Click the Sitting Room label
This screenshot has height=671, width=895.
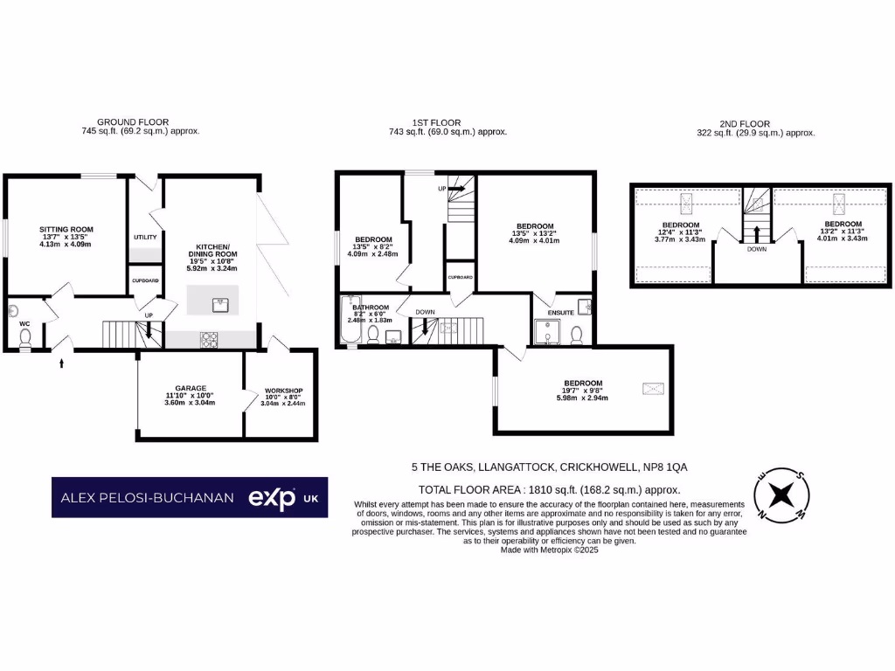pyautogui.click(x=66, y=230)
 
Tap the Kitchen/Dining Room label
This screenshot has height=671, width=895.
pyautogui.click(x=212, y=252)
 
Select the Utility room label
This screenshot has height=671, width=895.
pyautogui.click(x=144, y=238)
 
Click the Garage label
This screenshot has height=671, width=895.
pyautogui.click(x=190, y=388)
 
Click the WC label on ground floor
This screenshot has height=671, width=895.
pyautogui.click(x=24, y=323)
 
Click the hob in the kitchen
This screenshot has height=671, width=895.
pyautogui.click(x=211, y=340)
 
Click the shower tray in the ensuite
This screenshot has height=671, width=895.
pyautogui.click(x=548, y=333)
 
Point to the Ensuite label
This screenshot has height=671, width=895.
pyautogui.click(x=561, y=313)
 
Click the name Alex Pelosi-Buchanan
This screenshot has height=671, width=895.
pyautogui.click(x=147, y=498)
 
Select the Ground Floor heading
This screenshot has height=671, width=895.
pyautogui.click(x=133, y=122)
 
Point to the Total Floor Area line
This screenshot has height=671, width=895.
pyautogui.click(x=549, y=490)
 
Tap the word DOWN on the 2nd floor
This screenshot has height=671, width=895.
pyautogui.click(x=757, y=248)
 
